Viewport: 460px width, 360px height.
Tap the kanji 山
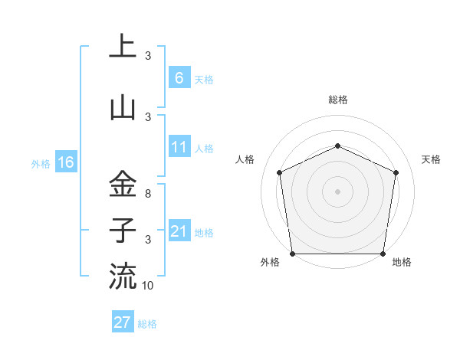(123, 107)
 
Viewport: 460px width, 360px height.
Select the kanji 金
(123, 184)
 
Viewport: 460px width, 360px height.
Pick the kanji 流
(123, 276)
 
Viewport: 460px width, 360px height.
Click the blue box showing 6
(179, 78)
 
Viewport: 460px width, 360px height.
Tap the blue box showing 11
(179, 147)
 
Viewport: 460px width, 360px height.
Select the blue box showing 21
(179, 231)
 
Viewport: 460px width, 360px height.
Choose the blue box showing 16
(65, 162)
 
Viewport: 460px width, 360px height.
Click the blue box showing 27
(122, 322)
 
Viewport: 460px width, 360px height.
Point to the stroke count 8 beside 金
(148, 195)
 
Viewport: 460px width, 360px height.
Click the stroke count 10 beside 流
(148, 286)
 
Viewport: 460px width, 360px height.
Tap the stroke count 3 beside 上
(148, 56)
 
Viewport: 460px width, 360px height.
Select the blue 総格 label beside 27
(147, 324)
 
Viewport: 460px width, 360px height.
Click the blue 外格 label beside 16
(41, 163)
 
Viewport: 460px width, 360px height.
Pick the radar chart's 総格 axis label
(337, 100)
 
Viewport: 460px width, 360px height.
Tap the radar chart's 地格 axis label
(402, 263)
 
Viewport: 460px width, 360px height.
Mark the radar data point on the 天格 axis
(396, 172)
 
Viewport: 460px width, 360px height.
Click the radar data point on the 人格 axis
(279, 172)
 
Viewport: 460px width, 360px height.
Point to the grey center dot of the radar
(337, 191)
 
